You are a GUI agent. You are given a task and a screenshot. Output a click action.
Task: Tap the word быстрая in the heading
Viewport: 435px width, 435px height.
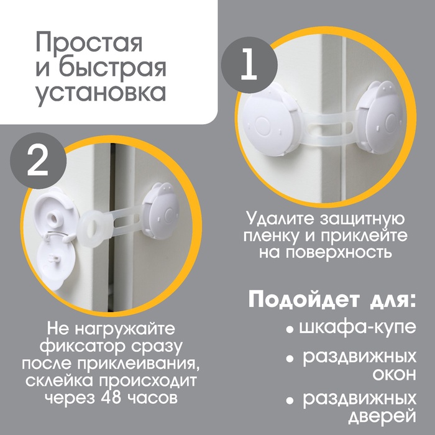[112, 68]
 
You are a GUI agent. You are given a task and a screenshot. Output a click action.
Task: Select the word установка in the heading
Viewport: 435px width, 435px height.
[101, 94]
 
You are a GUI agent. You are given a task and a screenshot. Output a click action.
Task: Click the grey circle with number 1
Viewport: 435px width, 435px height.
[249, 65]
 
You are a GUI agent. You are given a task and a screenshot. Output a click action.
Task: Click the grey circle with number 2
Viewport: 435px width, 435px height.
[39, 160]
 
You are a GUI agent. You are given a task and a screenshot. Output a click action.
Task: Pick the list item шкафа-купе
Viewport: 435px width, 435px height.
[357, 328]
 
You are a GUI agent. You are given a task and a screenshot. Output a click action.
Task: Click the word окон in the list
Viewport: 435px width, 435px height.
[394, 375]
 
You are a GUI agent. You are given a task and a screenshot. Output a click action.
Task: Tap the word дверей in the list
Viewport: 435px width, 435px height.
[382, 417]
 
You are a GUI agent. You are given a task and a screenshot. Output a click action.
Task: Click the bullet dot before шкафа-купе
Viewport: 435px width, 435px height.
[290, 329]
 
